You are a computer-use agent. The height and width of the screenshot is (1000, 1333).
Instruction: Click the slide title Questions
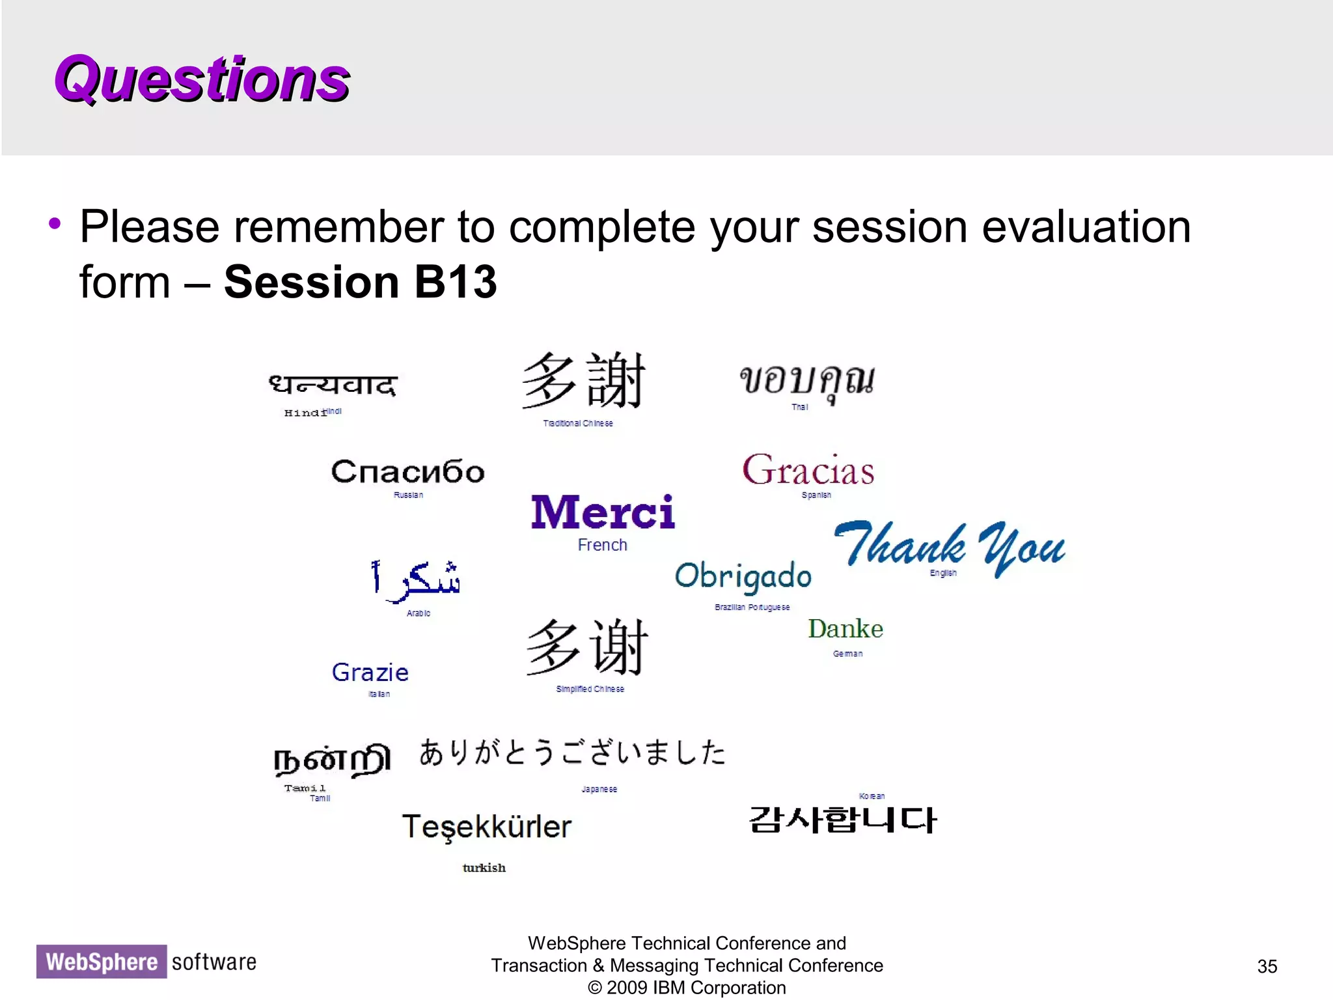tap(202, 79)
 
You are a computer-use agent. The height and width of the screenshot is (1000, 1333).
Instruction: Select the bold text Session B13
tap(360, 283)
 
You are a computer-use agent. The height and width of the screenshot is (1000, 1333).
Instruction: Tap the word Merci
tap(603, 512)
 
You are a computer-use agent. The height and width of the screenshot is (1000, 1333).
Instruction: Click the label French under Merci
tap(602, 545)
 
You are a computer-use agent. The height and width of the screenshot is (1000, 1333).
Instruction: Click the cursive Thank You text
tap(949, 546)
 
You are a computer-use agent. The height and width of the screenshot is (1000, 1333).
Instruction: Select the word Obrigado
tap(743, 576)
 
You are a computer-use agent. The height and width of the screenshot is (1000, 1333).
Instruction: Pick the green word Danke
tap(845, 629)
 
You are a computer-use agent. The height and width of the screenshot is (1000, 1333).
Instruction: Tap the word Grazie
tap(370, 673)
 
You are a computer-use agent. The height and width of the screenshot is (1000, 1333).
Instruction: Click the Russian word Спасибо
tap(407, 471)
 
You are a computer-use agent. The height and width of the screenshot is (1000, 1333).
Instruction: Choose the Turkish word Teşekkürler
tap(486, 827)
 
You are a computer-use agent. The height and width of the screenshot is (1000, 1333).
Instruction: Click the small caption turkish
tap(484, 868)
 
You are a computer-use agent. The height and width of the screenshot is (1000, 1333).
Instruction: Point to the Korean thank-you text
tap(842, 820)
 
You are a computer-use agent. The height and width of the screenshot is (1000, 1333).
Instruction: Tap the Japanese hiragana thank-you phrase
tap(571, 753)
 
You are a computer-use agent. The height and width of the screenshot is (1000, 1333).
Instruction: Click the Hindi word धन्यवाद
tap(333, 385)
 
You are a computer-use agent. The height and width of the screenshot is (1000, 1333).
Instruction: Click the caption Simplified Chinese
tap(590, 689)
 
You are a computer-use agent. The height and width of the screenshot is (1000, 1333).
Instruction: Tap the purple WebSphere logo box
tap(102, 962)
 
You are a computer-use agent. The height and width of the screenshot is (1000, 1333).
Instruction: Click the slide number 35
tap(1267, 966)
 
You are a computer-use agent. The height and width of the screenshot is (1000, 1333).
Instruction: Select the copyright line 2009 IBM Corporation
tap(687, 988)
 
